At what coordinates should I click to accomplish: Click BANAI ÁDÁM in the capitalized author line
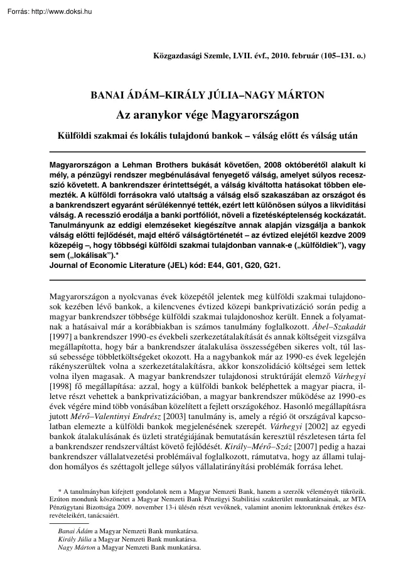pos(123,95)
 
